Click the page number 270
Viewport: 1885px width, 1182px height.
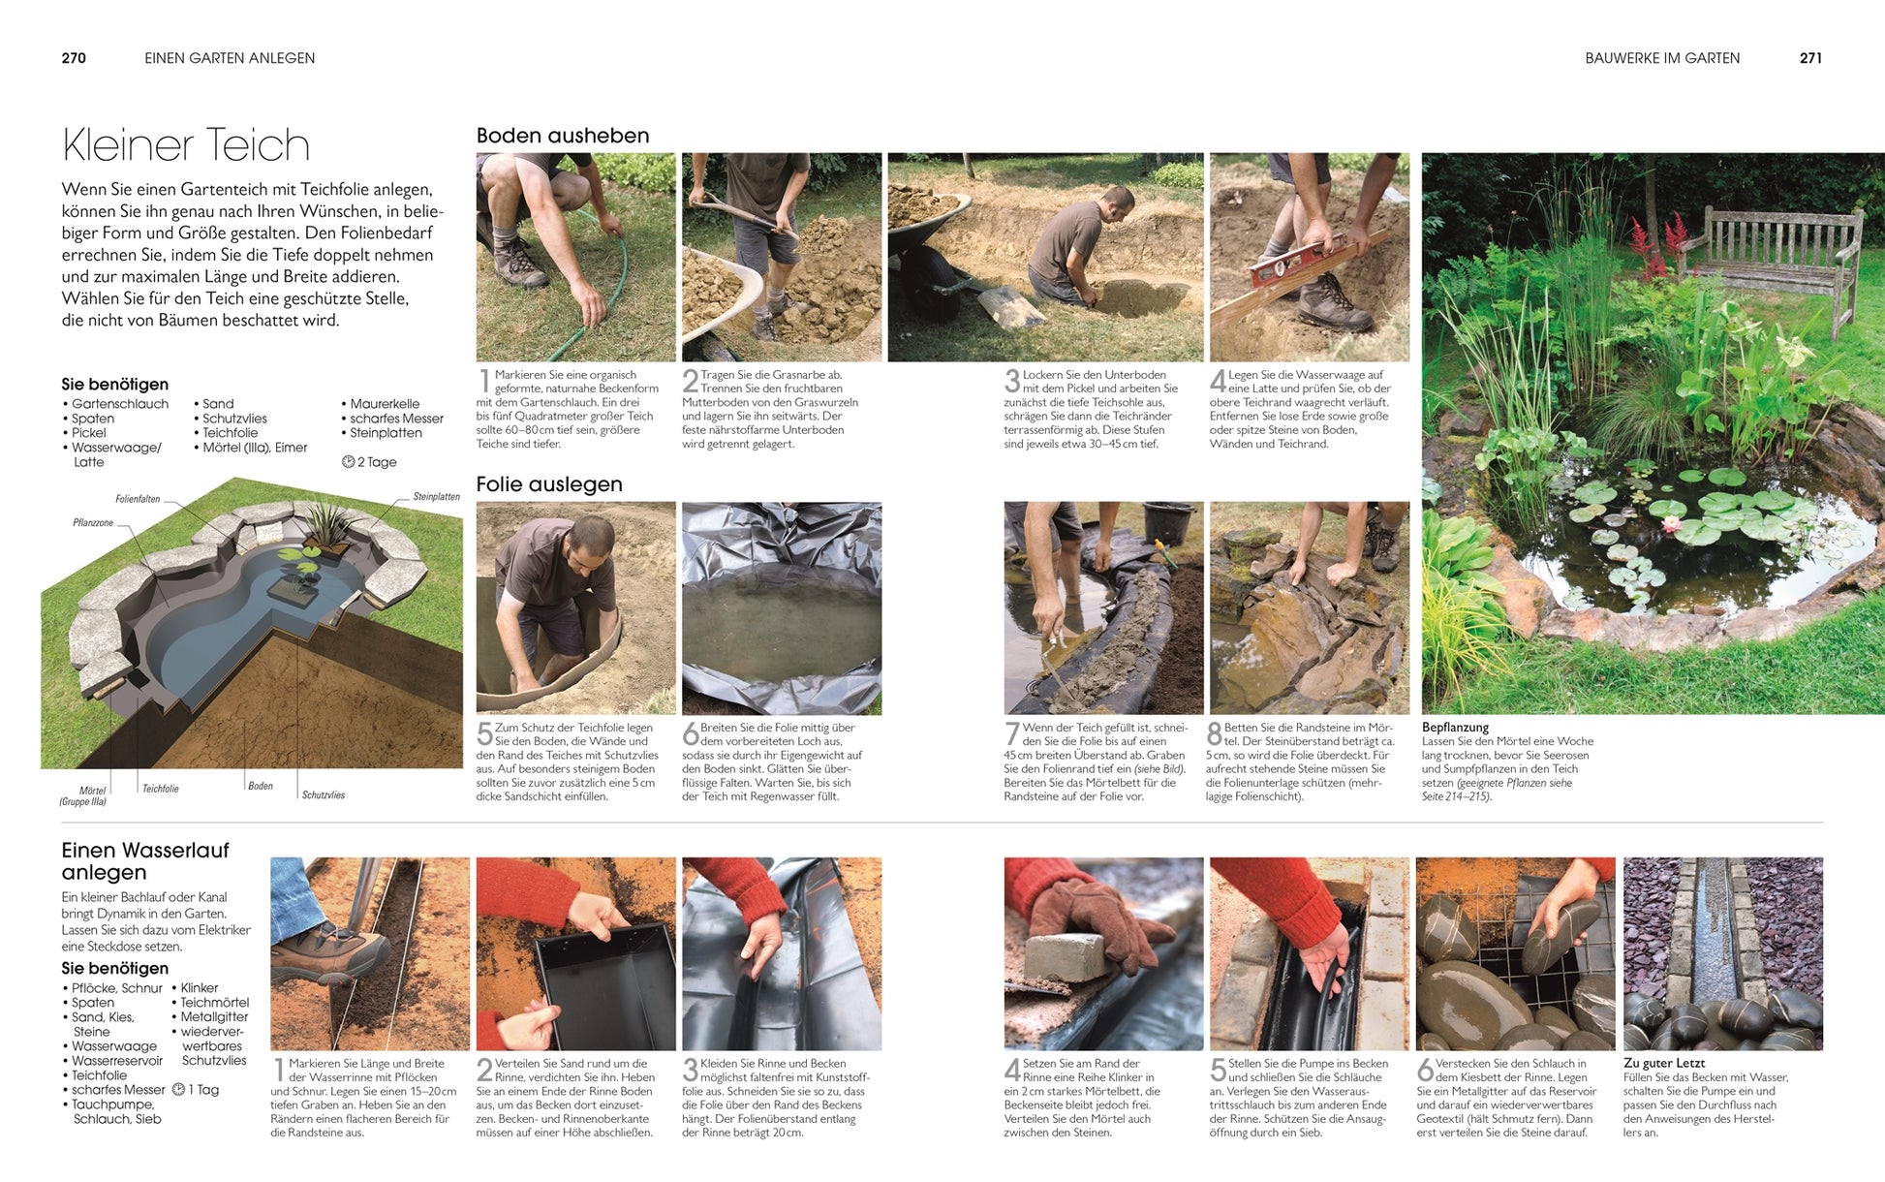[74, 58]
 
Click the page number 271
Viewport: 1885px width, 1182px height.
[1810, 58]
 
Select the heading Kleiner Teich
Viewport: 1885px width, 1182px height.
[186, 145]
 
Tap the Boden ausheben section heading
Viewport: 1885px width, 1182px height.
[562, 136]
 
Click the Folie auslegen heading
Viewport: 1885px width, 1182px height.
[548, 484]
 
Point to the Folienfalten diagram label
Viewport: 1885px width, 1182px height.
[138, 499]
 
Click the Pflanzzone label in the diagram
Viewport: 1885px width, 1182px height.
[93, 523]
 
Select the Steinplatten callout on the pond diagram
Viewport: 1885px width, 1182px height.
[436, 497]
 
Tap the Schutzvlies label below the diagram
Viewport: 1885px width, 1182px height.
[323, 795]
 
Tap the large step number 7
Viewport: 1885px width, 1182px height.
[1012, 733]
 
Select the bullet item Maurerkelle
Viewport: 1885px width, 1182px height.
[384, 404]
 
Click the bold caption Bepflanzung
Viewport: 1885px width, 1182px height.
[1455, 728]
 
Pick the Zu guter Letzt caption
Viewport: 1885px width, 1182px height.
[1663, 1063]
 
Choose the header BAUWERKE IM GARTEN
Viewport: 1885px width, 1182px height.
[1661, 58]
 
